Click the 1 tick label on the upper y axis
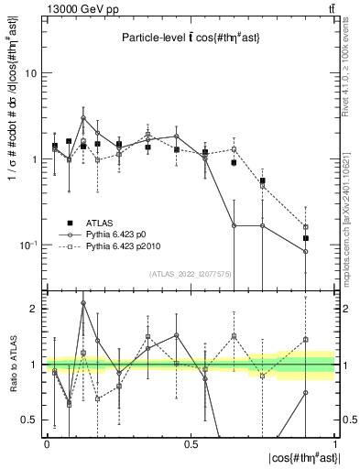coord(35,159)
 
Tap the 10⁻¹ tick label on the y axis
coord(29,245)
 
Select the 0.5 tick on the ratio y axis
coord(30,420)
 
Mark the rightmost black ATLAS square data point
coord(306,238)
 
